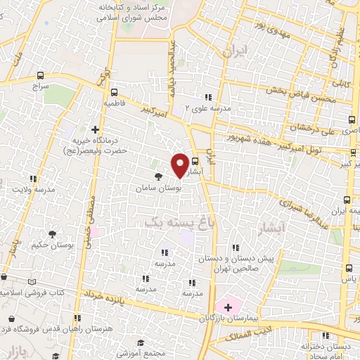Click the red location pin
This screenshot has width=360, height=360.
(180, 165)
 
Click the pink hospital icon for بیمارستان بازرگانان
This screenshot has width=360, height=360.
(227, 307)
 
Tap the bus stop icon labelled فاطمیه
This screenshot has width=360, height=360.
(114, 91)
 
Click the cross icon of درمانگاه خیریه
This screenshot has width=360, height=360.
(96, 129)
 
